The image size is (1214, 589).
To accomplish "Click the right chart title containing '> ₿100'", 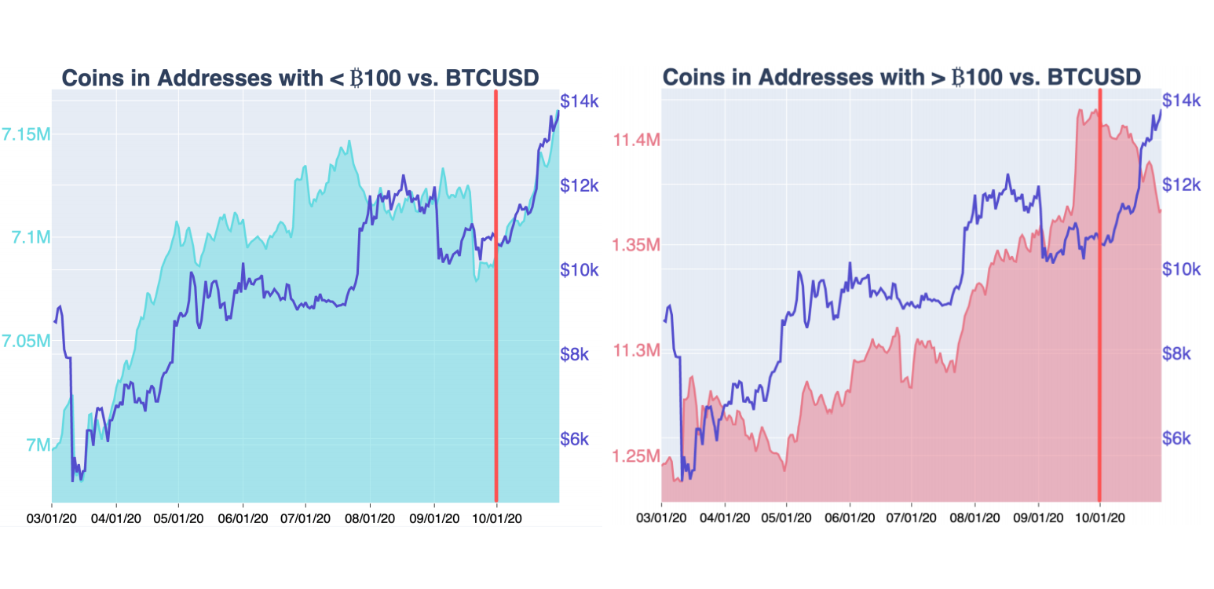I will tap(901, 77).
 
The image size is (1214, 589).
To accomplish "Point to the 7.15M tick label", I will tap(26, 134).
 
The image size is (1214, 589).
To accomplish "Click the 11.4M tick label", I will tap(635, 140).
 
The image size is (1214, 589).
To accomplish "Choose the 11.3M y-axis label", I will tap(635, 350).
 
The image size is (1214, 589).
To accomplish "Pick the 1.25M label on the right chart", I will tap(635, 456).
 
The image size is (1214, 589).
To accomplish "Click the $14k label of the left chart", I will tap(580, 101).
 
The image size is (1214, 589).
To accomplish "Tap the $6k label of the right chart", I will tap(1176, 438).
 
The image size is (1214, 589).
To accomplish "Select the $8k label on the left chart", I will tap(580, 354).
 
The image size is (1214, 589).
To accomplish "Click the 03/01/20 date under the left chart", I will tap(52, 518).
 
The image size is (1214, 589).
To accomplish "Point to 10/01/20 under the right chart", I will tap(1099, 518).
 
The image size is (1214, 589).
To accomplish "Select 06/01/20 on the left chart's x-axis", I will tap(243, 518).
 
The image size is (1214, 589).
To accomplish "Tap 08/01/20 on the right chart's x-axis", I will tap(974, 518).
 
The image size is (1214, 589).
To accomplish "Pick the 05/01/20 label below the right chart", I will tap(787, 518).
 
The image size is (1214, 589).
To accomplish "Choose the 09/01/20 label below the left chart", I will tap(434, 518).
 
